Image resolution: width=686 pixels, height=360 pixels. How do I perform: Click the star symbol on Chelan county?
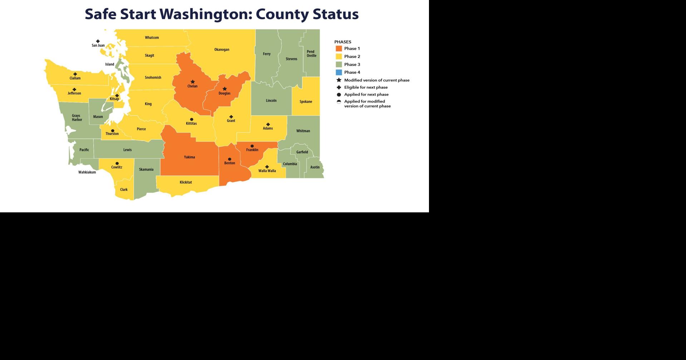point(193,82)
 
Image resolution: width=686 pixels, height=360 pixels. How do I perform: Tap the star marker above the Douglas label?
point(224,89)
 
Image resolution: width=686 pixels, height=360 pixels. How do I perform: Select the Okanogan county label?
point(222,50)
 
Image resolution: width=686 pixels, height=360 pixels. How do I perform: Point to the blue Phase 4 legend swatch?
point(339,73)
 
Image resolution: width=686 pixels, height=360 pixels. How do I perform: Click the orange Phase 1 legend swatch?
point(339,49)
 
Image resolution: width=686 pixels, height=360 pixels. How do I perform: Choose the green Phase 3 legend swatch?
point(339,65)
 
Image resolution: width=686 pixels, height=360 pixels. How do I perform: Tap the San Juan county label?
point(98,45)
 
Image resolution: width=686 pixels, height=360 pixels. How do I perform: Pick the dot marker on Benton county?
point(230,159)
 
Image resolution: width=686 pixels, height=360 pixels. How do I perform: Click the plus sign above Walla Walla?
point(267,167)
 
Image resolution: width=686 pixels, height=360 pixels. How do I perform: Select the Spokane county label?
point(306,102)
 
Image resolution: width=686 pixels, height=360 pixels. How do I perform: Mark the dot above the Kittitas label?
point(192,119)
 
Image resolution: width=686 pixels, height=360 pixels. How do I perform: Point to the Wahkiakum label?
point(87,172)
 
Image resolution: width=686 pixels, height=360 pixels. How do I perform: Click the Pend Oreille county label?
point(311,54)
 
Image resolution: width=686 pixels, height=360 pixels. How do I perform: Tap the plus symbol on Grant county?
point(231,117)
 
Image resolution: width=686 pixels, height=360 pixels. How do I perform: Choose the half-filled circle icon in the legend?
point(339,102)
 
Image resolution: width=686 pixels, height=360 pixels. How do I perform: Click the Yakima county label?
point(189,157)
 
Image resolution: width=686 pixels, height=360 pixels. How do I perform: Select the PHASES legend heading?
point(342,42)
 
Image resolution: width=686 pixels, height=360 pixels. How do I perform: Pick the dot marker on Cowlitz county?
point(117,163)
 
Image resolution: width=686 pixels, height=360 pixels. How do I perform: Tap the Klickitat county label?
point(186,182)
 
